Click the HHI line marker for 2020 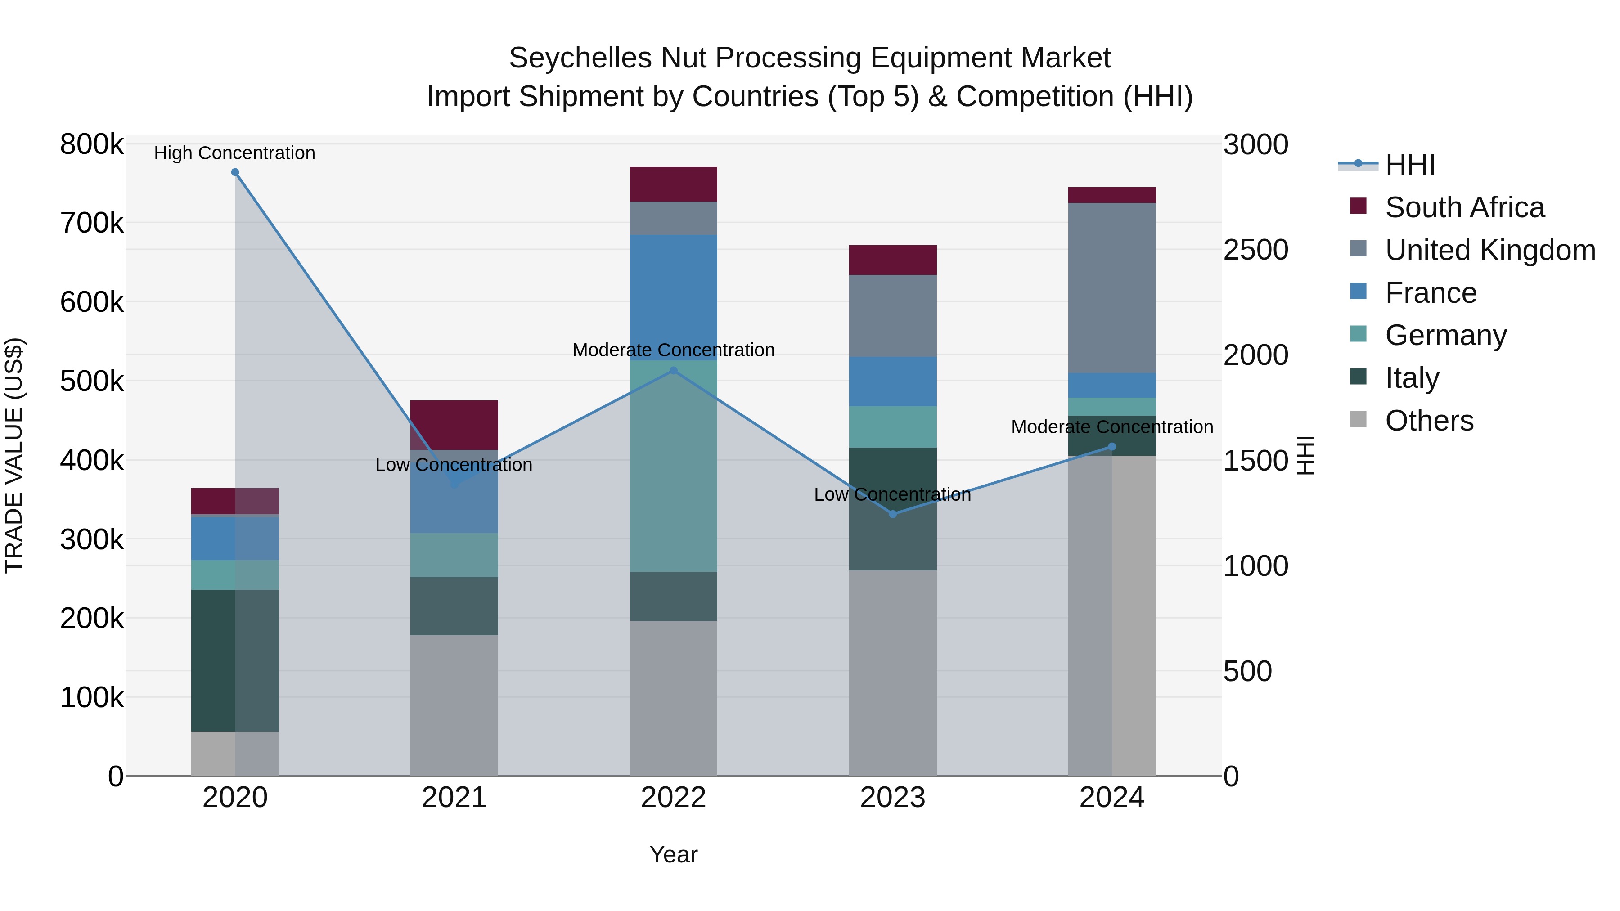[x=235, y=172]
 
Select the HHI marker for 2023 [x=892, y=514]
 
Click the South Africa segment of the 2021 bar [x=454, y=425]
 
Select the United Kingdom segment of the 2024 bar [x=1112, y=287]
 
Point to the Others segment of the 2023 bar [x=892, y=673]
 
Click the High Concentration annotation [x=234, y=153]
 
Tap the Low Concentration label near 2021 [x=454, y=465]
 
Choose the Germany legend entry [x=1446, y=335]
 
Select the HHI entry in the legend [x=1410, y=165]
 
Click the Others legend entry [x=1429, y=421]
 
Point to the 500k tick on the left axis [x=92, y=381]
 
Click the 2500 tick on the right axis [x=1255, y=250]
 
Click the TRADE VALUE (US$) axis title [x=14, y=455]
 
